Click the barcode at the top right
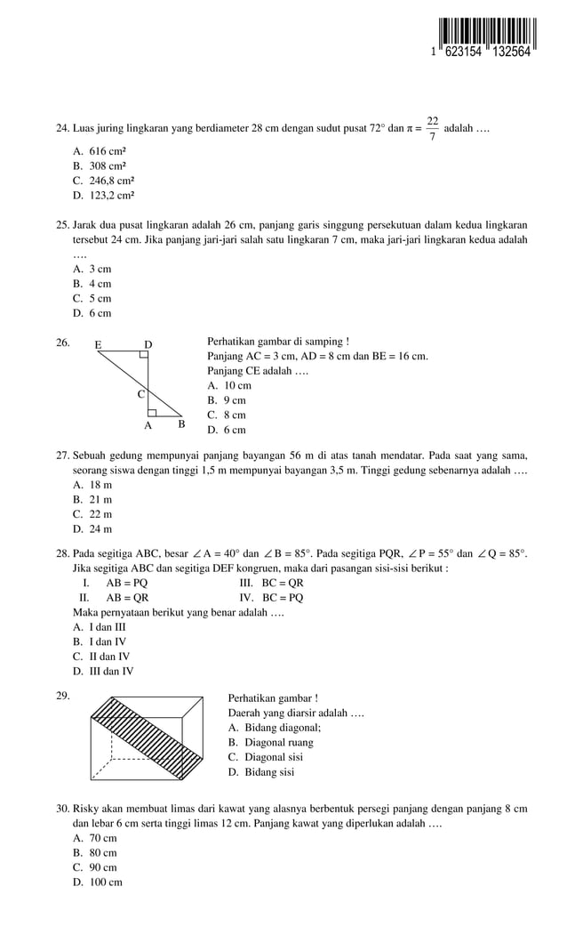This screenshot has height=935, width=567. [x=481, y=36]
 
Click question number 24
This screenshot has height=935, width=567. [x=62, y=129]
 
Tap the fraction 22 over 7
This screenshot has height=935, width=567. [x=432, y=129]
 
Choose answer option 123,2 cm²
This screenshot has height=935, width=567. [x=104, y=195]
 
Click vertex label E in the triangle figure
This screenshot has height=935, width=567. [x=98, y=344]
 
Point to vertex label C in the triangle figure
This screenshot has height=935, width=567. [x=140, y=393]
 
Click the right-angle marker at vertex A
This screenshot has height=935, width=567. [x=153, y=413]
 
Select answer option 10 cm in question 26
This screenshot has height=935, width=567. [x=229, y=386]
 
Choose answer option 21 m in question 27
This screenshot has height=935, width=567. [x=92, y=500]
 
